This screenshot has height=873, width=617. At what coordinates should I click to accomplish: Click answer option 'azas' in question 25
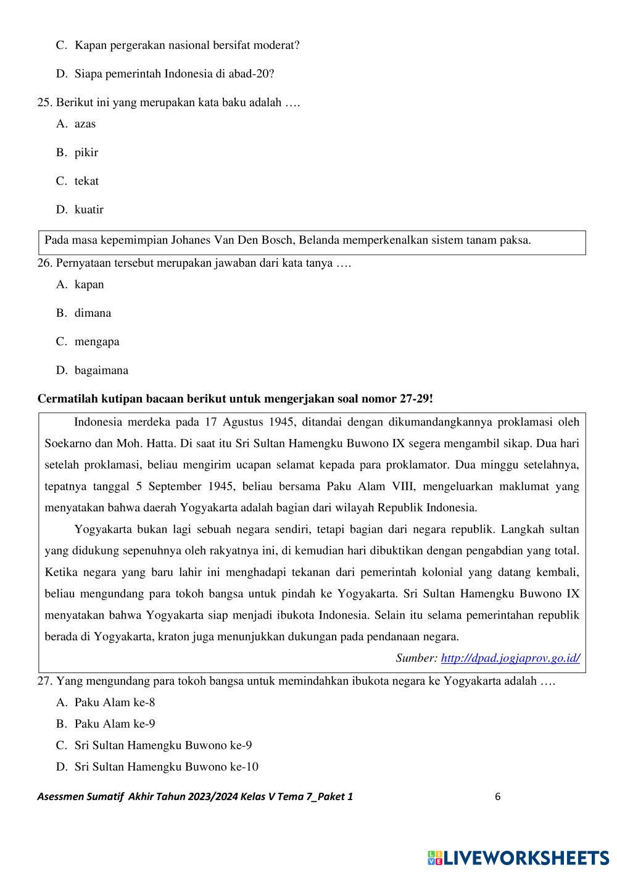(x=85, y=124)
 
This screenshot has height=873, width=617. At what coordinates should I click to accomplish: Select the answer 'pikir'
(x=86, y=152)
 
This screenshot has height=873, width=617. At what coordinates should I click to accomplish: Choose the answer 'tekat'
(x=86, y=181)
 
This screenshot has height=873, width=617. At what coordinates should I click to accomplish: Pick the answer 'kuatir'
(x=89, y=210)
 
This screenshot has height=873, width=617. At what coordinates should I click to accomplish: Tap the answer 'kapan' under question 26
(x=89, y=285)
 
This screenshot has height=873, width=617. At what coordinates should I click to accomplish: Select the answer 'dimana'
(x=93, y=313)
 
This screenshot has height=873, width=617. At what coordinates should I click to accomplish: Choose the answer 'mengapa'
(x=97, y=341)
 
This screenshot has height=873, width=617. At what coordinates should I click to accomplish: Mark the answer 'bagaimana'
(x=101, y=370)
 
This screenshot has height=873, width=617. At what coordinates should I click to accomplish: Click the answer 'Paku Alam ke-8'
(x=115, y=703)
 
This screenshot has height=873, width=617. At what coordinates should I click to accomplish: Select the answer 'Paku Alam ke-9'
(x=115, y=724)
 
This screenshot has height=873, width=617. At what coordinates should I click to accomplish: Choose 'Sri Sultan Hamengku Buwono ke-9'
(x=163, y=745)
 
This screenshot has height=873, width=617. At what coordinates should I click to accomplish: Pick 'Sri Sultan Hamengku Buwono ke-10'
(x=166, y=767)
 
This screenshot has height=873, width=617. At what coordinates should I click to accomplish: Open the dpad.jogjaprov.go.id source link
(x=510, y=658)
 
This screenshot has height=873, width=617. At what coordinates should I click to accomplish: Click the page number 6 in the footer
(x=497, y=796)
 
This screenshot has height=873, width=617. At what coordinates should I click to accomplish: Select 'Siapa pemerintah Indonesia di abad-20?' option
(x=174, y=74)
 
